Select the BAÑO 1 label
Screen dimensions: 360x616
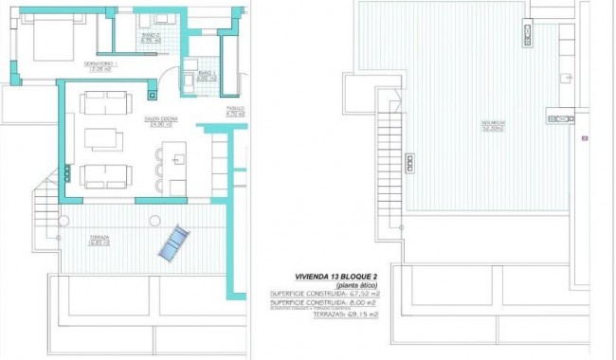pos(207,75)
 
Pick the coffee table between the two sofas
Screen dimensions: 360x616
pos(103,138)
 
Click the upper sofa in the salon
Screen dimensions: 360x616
pos(105,100)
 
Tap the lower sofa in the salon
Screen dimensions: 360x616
pos(105,176)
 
